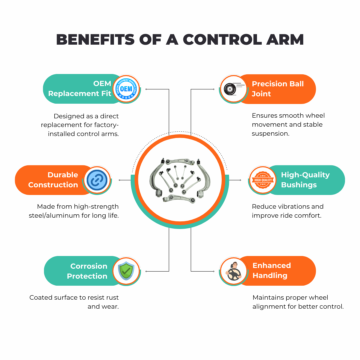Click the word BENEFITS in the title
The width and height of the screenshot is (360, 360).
click(95, 39)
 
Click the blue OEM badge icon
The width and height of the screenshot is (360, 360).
click(126, 89)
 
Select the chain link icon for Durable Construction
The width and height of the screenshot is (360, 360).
click(97, 180)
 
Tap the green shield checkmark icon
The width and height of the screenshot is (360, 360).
click(126, 271)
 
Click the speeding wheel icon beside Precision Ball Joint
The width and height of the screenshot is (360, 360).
click(233, 89)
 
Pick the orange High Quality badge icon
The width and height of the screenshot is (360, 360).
click(263, 180)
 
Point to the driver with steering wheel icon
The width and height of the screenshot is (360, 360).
click(233, 271)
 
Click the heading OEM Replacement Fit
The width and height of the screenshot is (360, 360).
click(80, 88)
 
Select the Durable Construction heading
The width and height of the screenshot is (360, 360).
click(53, 180)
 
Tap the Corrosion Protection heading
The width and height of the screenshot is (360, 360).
click(87, 271)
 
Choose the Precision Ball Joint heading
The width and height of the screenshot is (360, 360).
click(278, 89)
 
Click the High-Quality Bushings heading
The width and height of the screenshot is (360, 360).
click(305, 180)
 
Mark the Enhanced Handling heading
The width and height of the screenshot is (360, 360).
click(272, 270)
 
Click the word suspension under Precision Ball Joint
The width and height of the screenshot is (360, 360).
click(270, 134)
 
